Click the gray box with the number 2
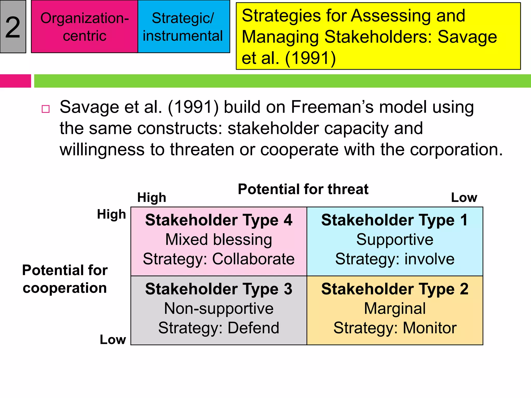coord(13,27)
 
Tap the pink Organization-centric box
coord(85,27)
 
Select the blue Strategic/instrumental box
coord(184,27)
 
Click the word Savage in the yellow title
coord(467,37)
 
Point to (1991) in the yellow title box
coord(310,58)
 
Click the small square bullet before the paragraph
coord(46,109)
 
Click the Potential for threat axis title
coord(303,189)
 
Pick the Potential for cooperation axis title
coord(65,279)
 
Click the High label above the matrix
coord(152,198)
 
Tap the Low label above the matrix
coord(464,198)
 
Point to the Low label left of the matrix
coord(113,339)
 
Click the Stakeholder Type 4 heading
coord(219,220)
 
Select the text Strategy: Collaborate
coord(219,259)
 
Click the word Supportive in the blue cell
coord(395,240)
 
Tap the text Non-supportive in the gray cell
coord(219,309)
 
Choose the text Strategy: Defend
coord(219,328)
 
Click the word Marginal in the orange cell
coord(395,309)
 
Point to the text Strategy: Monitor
coord(395,328)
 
